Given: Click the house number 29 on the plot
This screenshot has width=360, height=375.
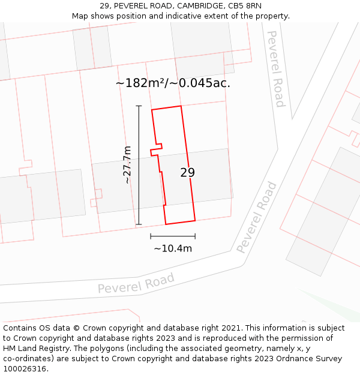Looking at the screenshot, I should pos(188,173).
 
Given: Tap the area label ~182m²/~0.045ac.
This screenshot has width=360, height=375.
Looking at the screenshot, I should pos(173,83).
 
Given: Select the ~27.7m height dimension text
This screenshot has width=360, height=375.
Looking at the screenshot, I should pos(127,164).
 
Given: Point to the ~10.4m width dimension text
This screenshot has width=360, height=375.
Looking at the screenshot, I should pos(173,248).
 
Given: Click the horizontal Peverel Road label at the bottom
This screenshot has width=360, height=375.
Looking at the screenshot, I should pos(136,283).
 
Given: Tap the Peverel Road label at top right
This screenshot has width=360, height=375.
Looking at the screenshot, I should pos(275,68).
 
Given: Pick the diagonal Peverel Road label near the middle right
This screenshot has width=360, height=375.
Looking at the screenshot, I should pos(257,217).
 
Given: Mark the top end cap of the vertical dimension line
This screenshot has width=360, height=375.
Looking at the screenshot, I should pos(139,106).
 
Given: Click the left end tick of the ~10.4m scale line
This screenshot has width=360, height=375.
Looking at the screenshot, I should pos(151,236).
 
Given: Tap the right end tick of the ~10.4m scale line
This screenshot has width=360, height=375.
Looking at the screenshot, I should pos(195,236).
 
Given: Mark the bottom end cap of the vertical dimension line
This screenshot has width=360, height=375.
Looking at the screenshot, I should pos(139,224).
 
